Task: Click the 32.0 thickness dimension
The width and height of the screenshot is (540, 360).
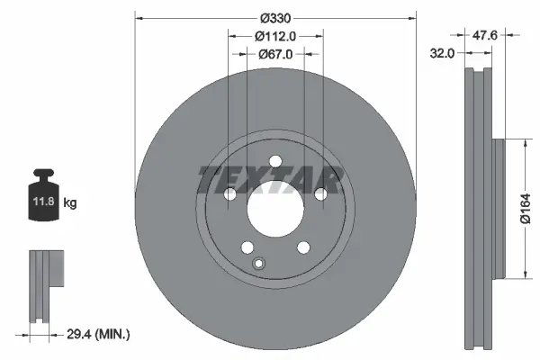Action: tap(441, 54)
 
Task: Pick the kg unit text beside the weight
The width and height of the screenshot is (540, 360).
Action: tap(70, 203)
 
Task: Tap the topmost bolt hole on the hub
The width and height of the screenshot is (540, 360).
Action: tap(274, 162)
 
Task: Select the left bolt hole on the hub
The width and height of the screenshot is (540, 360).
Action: tap(229, 195)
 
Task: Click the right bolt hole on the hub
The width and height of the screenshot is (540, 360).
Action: tap(320, 195)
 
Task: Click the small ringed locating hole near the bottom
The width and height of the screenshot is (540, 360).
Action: tap(259, 263)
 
